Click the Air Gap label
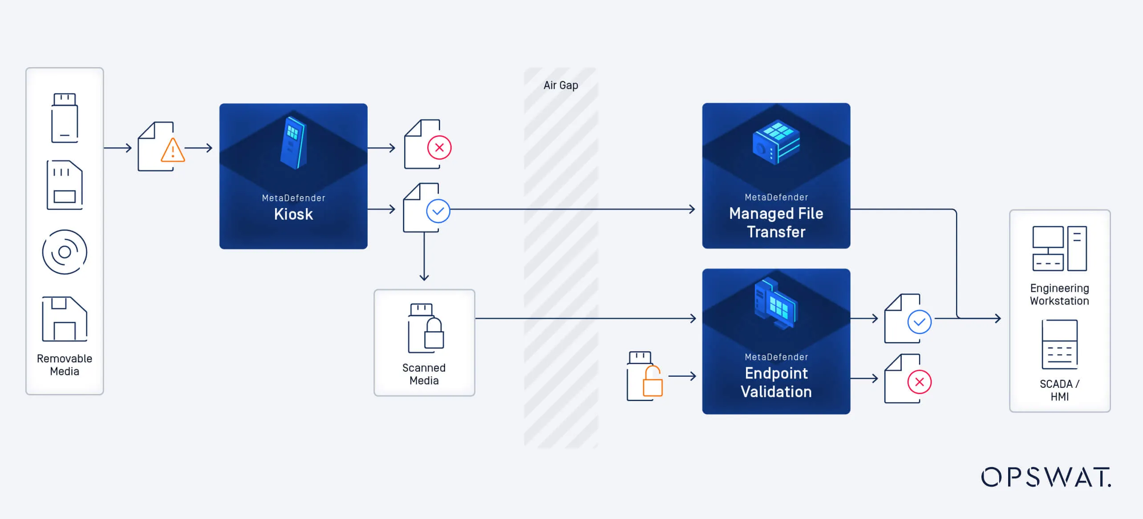point(560,85)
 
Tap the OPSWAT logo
point(1046,477)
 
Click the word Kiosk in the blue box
point(293,214)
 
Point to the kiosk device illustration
point(293,142)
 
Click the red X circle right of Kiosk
point(439,148)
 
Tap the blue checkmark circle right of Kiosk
point(438,211)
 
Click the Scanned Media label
point(424,374)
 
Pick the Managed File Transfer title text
point(776,222)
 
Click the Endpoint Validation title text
point(776,382)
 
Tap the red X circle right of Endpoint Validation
point(919,382)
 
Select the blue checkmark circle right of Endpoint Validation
point(919,322)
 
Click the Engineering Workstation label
point(1059,294)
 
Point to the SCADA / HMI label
point(1059,390)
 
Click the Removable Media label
point(65,365)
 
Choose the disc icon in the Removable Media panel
point(65,252)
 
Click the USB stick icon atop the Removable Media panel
point(65,118)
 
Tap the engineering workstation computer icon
point(1059,249)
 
